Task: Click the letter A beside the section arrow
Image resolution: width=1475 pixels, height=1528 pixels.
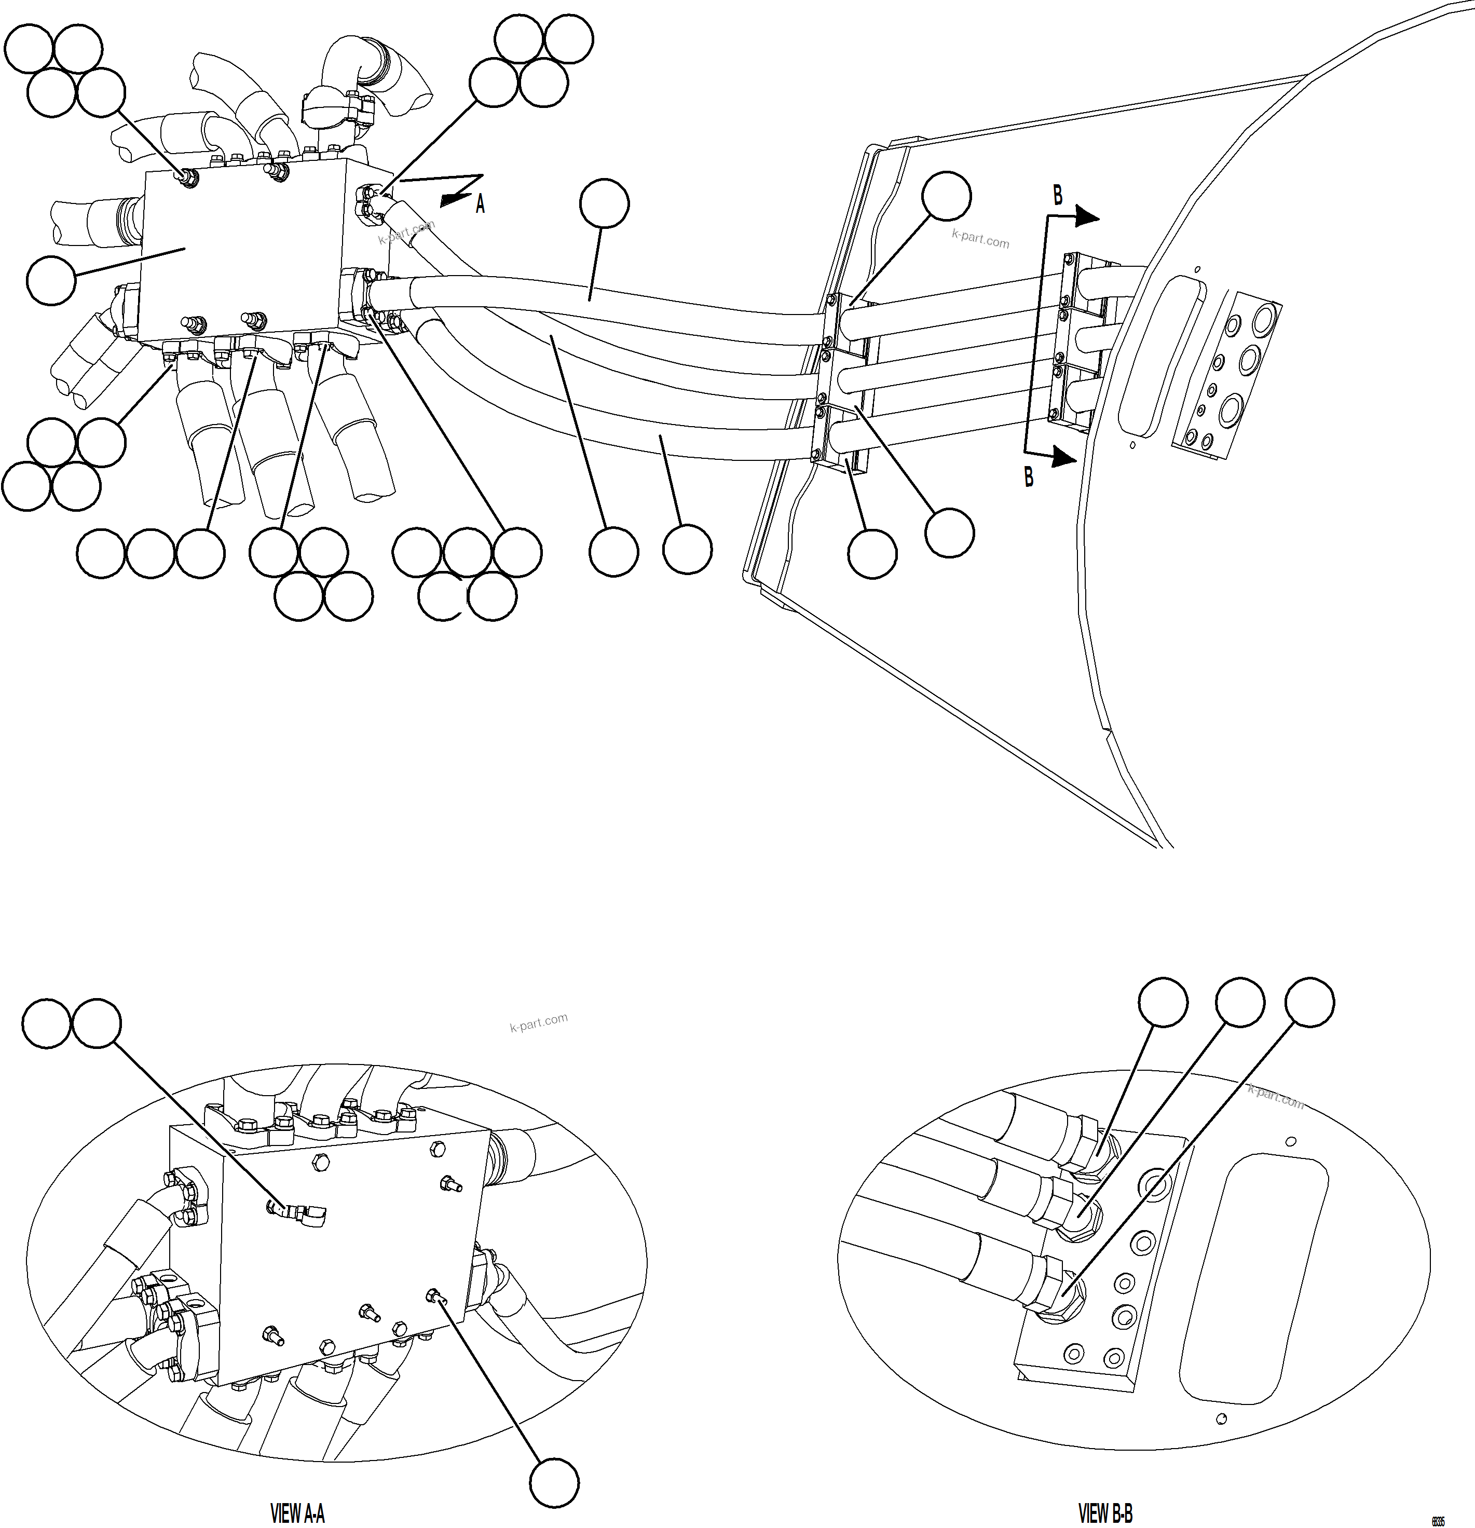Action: [x=480, y=205]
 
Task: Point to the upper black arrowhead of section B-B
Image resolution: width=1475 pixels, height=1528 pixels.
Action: [x=1087, y=219]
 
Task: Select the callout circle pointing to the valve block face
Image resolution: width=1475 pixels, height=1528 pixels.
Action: [x=51, y=280]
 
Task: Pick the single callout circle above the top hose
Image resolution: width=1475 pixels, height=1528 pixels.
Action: [x=604, y=204]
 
